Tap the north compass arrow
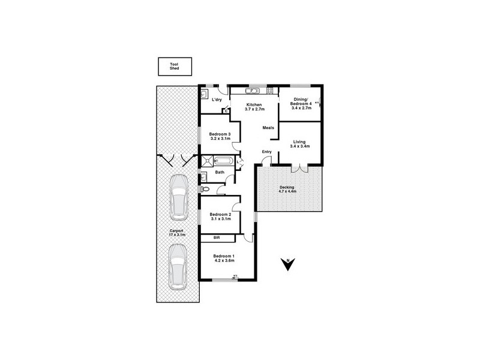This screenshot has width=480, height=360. pyautogui.click(x=289, y=264)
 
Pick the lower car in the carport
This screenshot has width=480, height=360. pyautogui.click(x=177, y=266)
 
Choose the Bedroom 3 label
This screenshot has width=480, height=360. pyautogui.click(x=220, y=136)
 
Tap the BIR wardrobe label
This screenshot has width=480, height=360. pyautogui.click(x=208, y=238)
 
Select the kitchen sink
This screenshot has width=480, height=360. pyautogui.click(x=254, y=91)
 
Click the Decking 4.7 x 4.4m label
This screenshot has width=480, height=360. pyautogui.click(x=287, y=189)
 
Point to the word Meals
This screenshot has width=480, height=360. pyautogui.click(x=268, y=127)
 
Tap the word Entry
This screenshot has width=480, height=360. pyautogui.click(x=266, y=151)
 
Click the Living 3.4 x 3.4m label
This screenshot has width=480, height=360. pyautogui.click(x=299, y=143)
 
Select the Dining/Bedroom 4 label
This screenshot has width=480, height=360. pyautogui.click(x=301, y=103)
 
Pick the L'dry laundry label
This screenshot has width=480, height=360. pyautogui.click(x=217, y=99)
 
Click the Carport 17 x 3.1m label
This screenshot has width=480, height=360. pyautogui.click(x=177, y=233)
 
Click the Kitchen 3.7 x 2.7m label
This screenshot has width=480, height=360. pyautogui.click(x=253, y=107)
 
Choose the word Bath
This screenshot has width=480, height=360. pyautogui.click(x=220, y=172)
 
